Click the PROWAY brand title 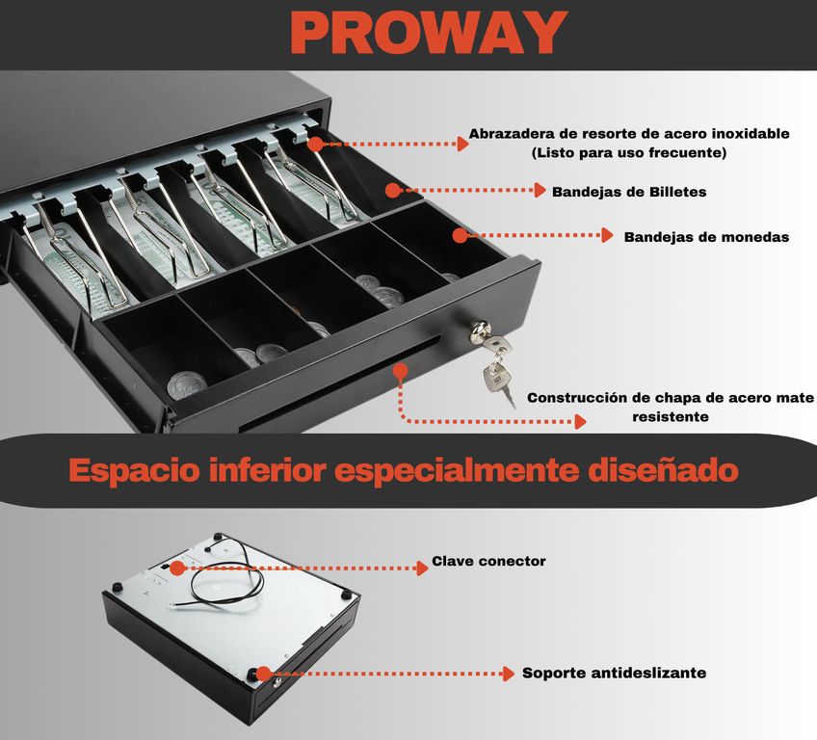pyautogui.click(x=429, y=33)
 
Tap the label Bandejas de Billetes pyautogui.click(x=629, y=192)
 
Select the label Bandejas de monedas pyautogui.click(x=706, y=237)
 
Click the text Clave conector pyautogui.click(x=488, y=561)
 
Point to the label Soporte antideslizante pyautogui.click(x=615, y=673)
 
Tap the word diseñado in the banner pyautogui.click(x=663, y=469)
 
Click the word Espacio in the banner pyautogui.click(x=134, y=470)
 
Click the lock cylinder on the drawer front pyautogui.click(x=480, y=330)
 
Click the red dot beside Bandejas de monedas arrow pyautogui.click(x=461, y=235)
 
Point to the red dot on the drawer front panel pyautogui.click(x=400, y=371)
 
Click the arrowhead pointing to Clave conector pyautogui.click(x=422, y=568)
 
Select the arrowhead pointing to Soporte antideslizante pyautogui.click(x=508, y=674)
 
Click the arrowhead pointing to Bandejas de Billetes pyautogui.click(x=540, y=190)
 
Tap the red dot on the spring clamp pyautogui.click(x=315, y=145)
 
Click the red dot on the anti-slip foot pyautogui.click(x=264, y=674)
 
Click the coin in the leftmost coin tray pyautogui.click(x=186, y=385)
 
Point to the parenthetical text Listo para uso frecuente pyautogui.click(x=629, y=152)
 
